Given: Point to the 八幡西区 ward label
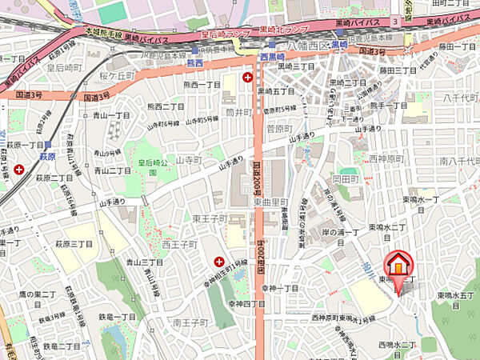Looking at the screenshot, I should [308, 46].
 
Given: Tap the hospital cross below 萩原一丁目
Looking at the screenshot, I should [18, 169].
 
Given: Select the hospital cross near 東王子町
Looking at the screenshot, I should [219, 261].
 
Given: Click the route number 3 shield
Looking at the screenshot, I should [395, 21].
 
